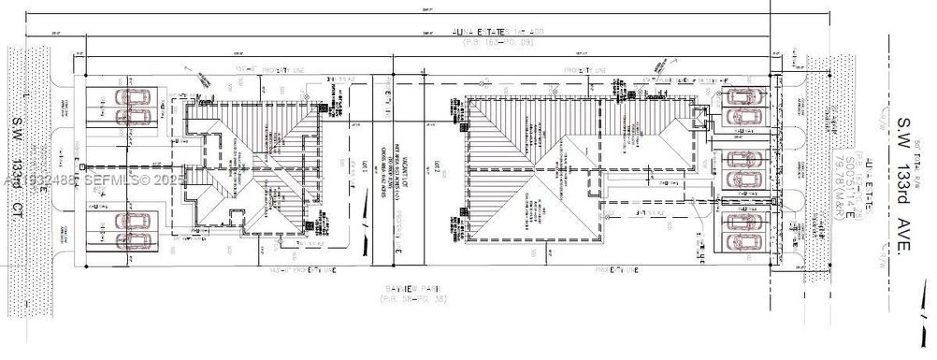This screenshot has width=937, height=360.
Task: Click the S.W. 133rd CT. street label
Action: coord(17,176)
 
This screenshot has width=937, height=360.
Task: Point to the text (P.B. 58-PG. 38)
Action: coord(399,299)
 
